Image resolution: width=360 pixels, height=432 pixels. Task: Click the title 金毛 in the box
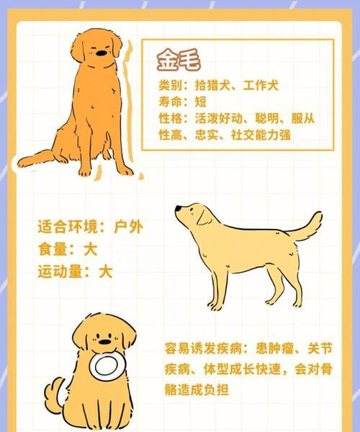(179, 60)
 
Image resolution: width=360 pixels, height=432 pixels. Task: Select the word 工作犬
(261, 86)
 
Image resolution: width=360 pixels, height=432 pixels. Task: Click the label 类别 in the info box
(170, 86)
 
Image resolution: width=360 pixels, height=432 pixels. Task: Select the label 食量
(57, 250)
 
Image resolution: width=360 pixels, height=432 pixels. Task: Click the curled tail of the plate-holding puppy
(51, 393)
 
